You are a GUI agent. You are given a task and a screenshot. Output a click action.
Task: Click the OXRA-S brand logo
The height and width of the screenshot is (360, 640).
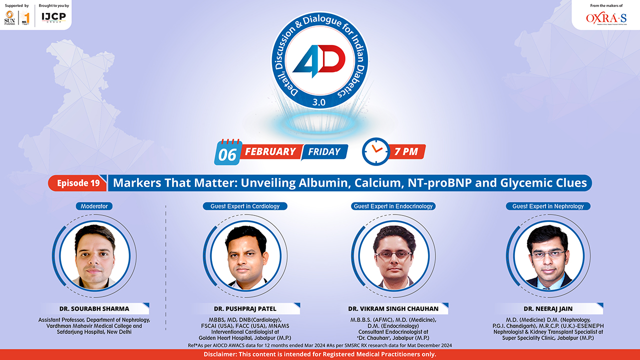606,18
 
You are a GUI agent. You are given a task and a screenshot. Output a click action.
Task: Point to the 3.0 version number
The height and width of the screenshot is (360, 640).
319,102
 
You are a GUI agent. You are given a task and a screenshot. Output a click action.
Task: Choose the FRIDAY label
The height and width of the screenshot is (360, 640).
324,151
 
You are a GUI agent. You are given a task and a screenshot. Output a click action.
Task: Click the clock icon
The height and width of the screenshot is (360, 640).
375,151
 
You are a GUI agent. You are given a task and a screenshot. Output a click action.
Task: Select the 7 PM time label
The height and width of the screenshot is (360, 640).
406,151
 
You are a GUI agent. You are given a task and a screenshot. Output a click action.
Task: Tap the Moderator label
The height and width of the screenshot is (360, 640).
94,206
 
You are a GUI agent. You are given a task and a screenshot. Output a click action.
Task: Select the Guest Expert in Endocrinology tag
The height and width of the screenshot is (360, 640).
393,206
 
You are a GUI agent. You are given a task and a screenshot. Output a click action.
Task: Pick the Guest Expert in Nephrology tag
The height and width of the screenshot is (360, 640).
548,206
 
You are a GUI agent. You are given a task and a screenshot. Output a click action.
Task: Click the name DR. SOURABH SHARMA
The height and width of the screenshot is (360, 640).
94,308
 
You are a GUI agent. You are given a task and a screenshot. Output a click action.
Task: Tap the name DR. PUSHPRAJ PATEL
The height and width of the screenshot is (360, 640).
245,308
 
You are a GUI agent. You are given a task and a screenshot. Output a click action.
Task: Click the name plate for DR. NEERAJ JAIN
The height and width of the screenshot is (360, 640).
548,308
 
